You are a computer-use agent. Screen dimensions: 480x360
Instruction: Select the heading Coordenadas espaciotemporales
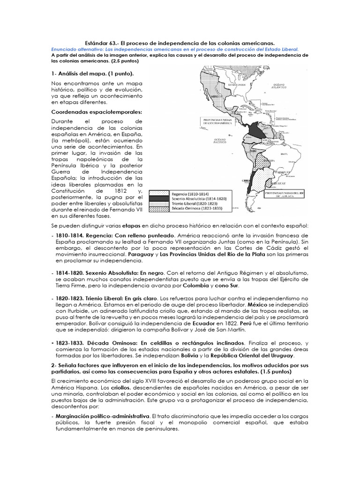pyautogui.click(x=90, y=112)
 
